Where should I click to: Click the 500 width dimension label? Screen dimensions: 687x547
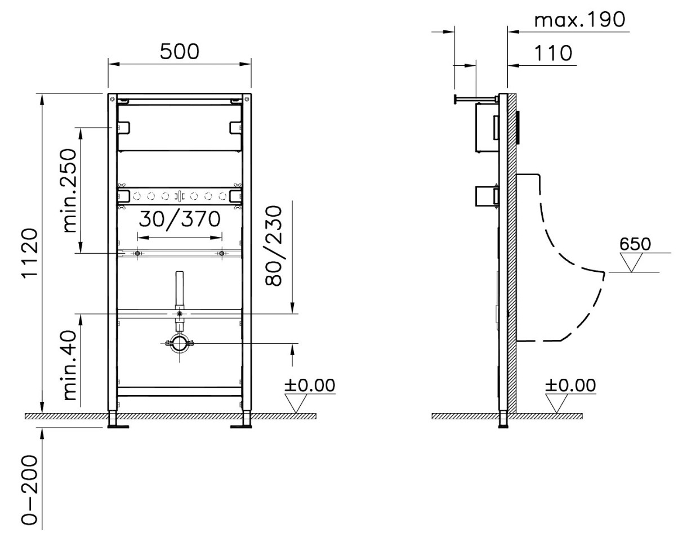pos(180,51)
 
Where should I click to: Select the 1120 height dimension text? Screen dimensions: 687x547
pos(30,253)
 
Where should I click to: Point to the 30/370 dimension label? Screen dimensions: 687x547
pos(180,219)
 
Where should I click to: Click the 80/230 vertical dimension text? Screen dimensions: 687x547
pos(274,246)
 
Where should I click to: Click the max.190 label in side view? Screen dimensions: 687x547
pos(579,20)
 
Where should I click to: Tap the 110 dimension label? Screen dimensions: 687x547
pos(553,53)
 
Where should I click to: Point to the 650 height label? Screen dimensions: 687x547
pos(635,244)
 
